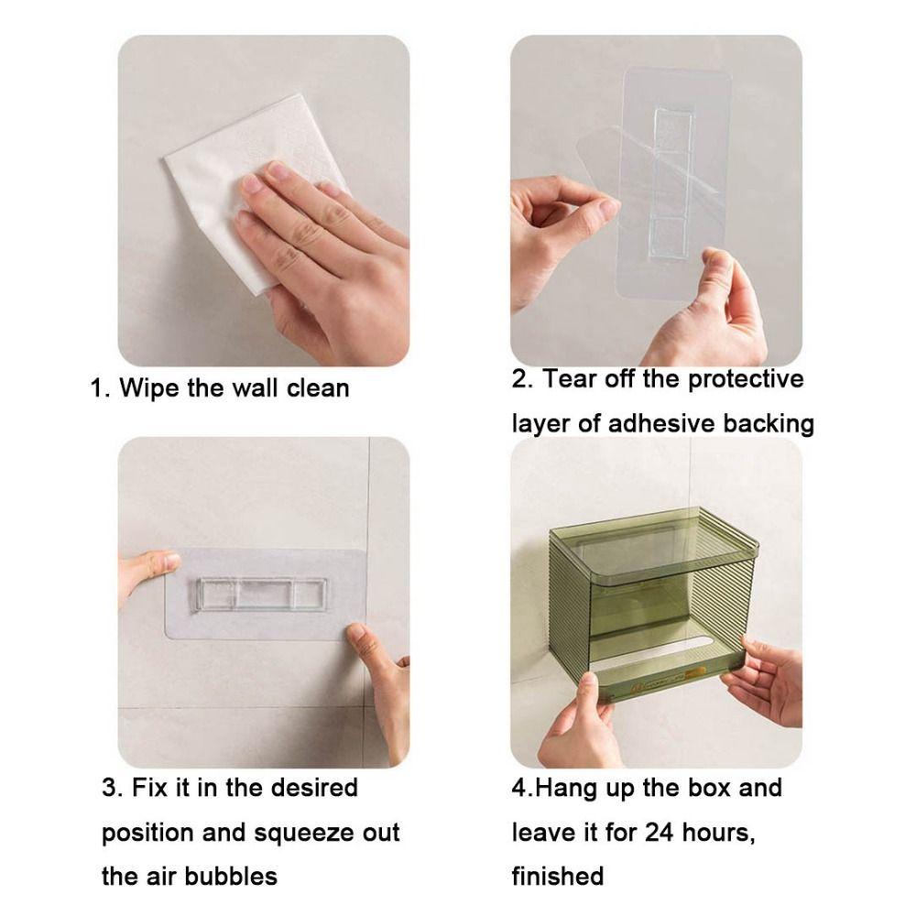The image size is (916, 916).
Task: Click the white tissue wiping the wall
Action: (229, 183)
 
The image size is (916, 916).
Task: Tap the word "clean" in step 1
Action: (315, 387)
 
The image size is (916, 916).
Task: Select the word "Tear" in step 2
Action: (569, 379)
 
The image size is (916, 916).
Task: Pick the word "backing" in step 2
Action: (769, 423)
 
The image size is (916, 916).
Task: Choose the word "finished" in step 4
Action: (558, 877)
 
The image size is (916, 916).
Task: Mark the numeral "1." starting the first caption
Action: (102, 387)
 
